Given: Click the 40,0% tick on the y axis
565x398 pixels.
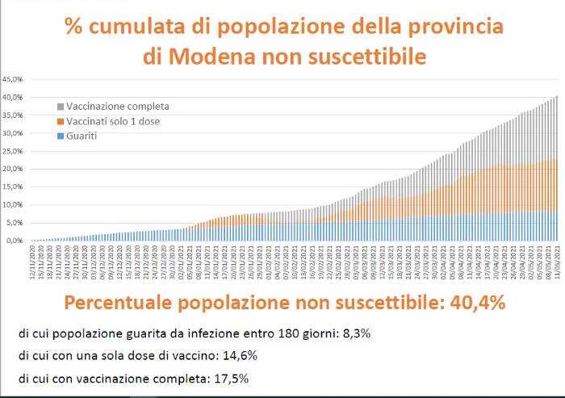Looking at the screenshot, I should [14, 98].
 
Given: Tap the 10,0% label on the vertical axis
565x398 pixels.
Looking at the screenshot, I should [14, 205].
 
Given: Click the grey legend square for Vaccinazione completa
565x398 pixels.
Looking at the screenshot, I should [60, 107].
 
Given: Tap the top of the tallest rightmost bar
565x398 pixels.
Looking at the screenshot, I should [556, 97].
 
